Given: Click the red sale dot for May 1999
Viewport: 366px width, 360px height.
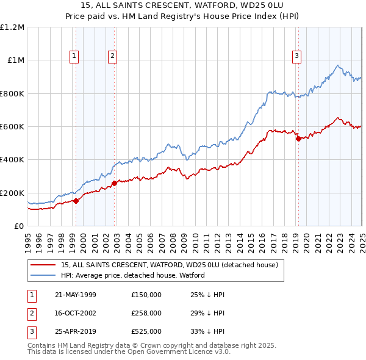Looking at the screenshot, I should coord(76,201).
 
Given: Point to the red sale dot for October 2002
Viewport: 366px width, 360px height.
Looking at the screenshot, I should coord(115,182).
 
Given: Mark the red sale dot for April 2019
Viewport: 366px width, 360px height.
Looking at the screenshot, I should coord(298,139).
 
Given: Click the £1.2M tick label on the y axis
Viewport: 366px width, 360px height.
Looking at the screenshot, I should coord(12,27).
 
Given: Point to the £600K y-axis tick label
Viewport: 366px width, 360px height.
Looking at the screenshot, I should coord(12,126).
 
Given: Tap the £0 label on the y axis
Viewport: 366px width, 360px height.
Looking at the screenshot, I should coord(18,226).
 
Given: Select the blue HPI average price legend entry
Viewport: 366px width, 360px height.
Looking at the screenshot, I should coord(132,275).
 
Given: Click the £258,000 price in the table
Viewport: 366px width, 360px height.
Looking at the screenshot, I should coord(146,313).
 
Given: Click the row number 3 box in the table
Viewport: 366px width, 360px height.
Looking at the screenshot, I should coord(31,332).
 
